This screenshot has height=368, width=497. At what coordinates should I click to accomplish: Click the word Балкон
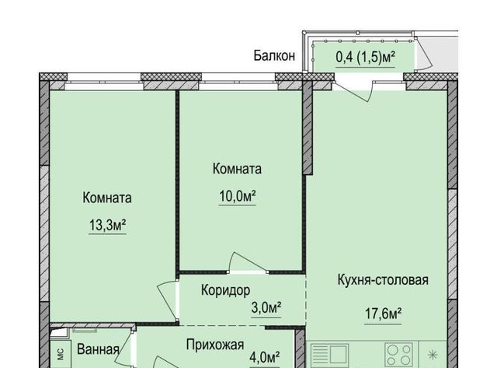(x=274, y=56)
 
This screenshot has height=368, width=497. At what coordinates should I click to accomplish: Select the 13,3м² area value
(x=107, y=226)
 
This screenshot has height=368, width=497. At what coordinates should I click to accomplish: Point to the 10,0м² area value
(x=238, y=197)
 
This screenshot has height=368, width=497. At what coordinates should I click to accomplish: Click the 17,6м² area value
(x=383, y=314)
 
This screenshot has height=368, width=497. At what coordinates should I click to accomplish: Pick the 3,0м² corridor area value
(x=266, y=307)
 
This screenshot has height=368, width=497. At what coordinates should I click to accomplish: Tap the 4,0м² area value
(x=265, y=358)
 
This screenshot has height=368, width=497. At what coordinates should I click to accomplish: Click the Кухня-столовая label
(x=383, y=280)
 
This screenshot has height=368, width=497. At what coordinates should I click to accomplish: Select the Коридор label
(x=226, y=290)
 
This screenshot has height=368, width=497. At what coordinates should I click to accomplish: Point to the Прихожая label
(x=215, y=345)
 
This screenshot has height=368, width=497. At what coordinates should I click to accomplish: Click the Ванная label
(x=99, y=349)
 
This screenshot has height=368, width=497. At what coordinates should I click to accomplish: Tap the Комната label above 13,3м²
(x=107, y=198)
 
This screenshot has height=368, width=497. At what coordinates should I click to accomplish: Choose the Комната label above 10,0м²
(x=237, y=169)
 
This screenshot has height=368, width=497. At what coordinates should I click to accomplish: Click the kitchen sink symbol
(x=330, y=354)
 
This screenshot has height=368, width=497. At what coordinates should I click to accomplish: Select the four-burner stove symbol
(x=398, y=354)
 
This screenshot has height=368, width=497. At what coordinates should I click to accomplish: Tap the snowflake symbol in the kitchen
(x=432, y=355)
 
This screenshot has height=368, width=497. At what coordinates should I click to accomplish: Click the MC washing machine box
(x=61, y=354)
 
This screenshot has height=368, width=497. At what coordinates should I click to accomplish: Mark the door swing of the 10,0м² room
(x=248, y=261)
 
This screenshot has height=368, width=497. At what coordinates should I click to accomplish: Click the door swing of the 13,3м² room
(x=167, y=300)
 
